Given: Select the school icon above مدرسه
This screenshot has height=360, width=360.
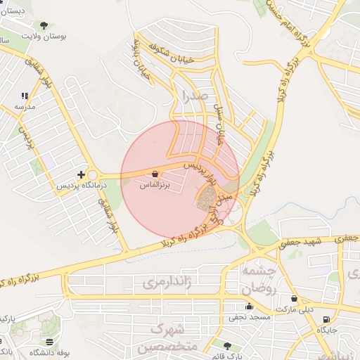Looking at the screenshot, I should coord(25,96).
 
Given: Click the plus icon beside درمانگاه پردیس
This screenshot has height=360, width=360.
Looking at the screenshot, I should coord(82,174).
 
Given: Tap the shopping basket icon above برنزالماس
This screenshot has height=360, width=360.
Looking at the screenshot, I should coord(154,173).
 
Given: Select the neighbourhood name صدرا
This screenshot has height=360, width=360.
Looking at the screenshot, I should coord(194,94).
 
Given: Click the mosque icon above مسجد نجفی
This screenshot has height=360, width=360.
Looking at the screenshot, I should coord(248,306).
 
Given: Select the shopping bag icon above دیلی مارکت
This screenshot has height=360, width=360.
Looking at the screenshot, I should coord(294,299).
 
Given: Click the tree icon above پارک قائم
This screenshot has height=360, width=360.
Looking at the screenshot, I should coord(226,345).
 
